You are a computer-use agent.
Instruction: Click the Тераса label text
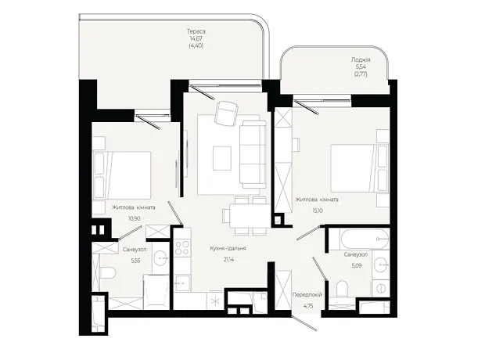tap(196, 31)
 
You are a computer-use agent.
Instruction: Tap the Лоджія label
tap(361, 59)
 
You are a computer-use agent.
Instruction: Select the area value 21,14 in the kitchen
tap(228, 259)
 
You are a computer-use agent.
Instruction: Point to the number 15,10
tap(318, 211)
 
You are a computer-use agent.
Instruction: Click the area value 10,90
tap(135, 218)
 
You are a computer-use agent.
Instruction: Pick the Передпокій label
tap(307, 295)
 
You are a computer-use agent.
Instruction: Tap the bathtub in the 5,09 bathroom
tap(364, 239)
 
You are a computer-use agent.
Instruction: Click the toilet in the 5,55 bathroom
tap(108, 273)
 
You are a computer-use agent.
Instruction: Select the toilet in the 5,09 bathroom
tap(342, 289)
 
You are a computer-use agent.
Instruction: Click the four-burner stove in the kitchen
tap(182, 248)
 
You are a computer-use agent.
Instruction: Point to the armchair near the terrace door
tap(227, 113)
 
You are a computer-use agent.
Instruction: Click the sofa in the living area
tap(253, 154)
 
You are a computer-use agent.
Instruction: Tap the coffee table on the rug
tap(222, 158)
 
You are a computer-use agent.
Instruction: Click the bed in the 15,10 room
tap(360, 168)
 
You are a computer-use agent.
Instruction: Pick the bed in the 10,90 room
tap(122, 175)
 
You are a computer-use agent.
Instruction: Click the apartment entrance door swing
tap(304, 323)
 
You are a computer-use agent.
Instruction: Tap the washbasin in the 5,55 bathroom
tap(161, 257)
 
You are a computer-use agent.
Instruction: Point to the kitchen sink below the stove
tap(182, 283)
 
